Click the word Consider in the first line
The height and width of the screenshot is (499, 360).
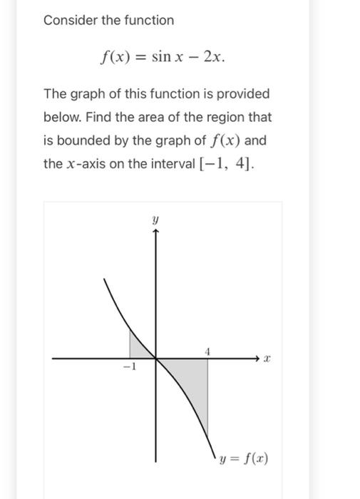tap(68, 20)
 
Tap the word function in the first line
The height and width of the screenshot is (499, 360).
tap(147, 20)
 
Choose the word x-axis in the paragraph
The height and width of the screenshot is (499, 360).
tap(87, 164)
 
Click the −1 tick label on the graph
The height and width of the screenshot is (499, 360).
tap(128, 368)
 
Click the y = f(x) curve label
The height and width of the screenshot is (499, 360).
tap(244, 458)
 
